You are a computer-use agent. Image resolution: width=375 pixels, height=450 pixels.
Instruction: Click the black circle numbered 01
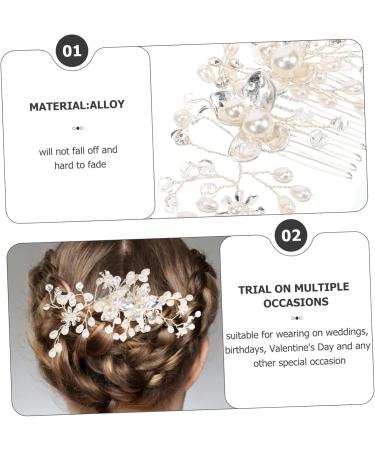72,49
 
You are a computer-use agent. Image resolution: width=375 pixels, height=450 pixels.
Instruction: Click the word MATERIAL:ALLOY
77,106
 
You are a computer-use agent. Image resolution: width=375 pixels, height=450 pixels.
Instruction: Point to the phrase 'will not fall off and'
77,150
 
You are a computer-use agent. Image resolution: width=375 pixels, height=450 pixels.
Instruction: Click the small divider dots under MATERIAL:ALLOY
77,128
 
